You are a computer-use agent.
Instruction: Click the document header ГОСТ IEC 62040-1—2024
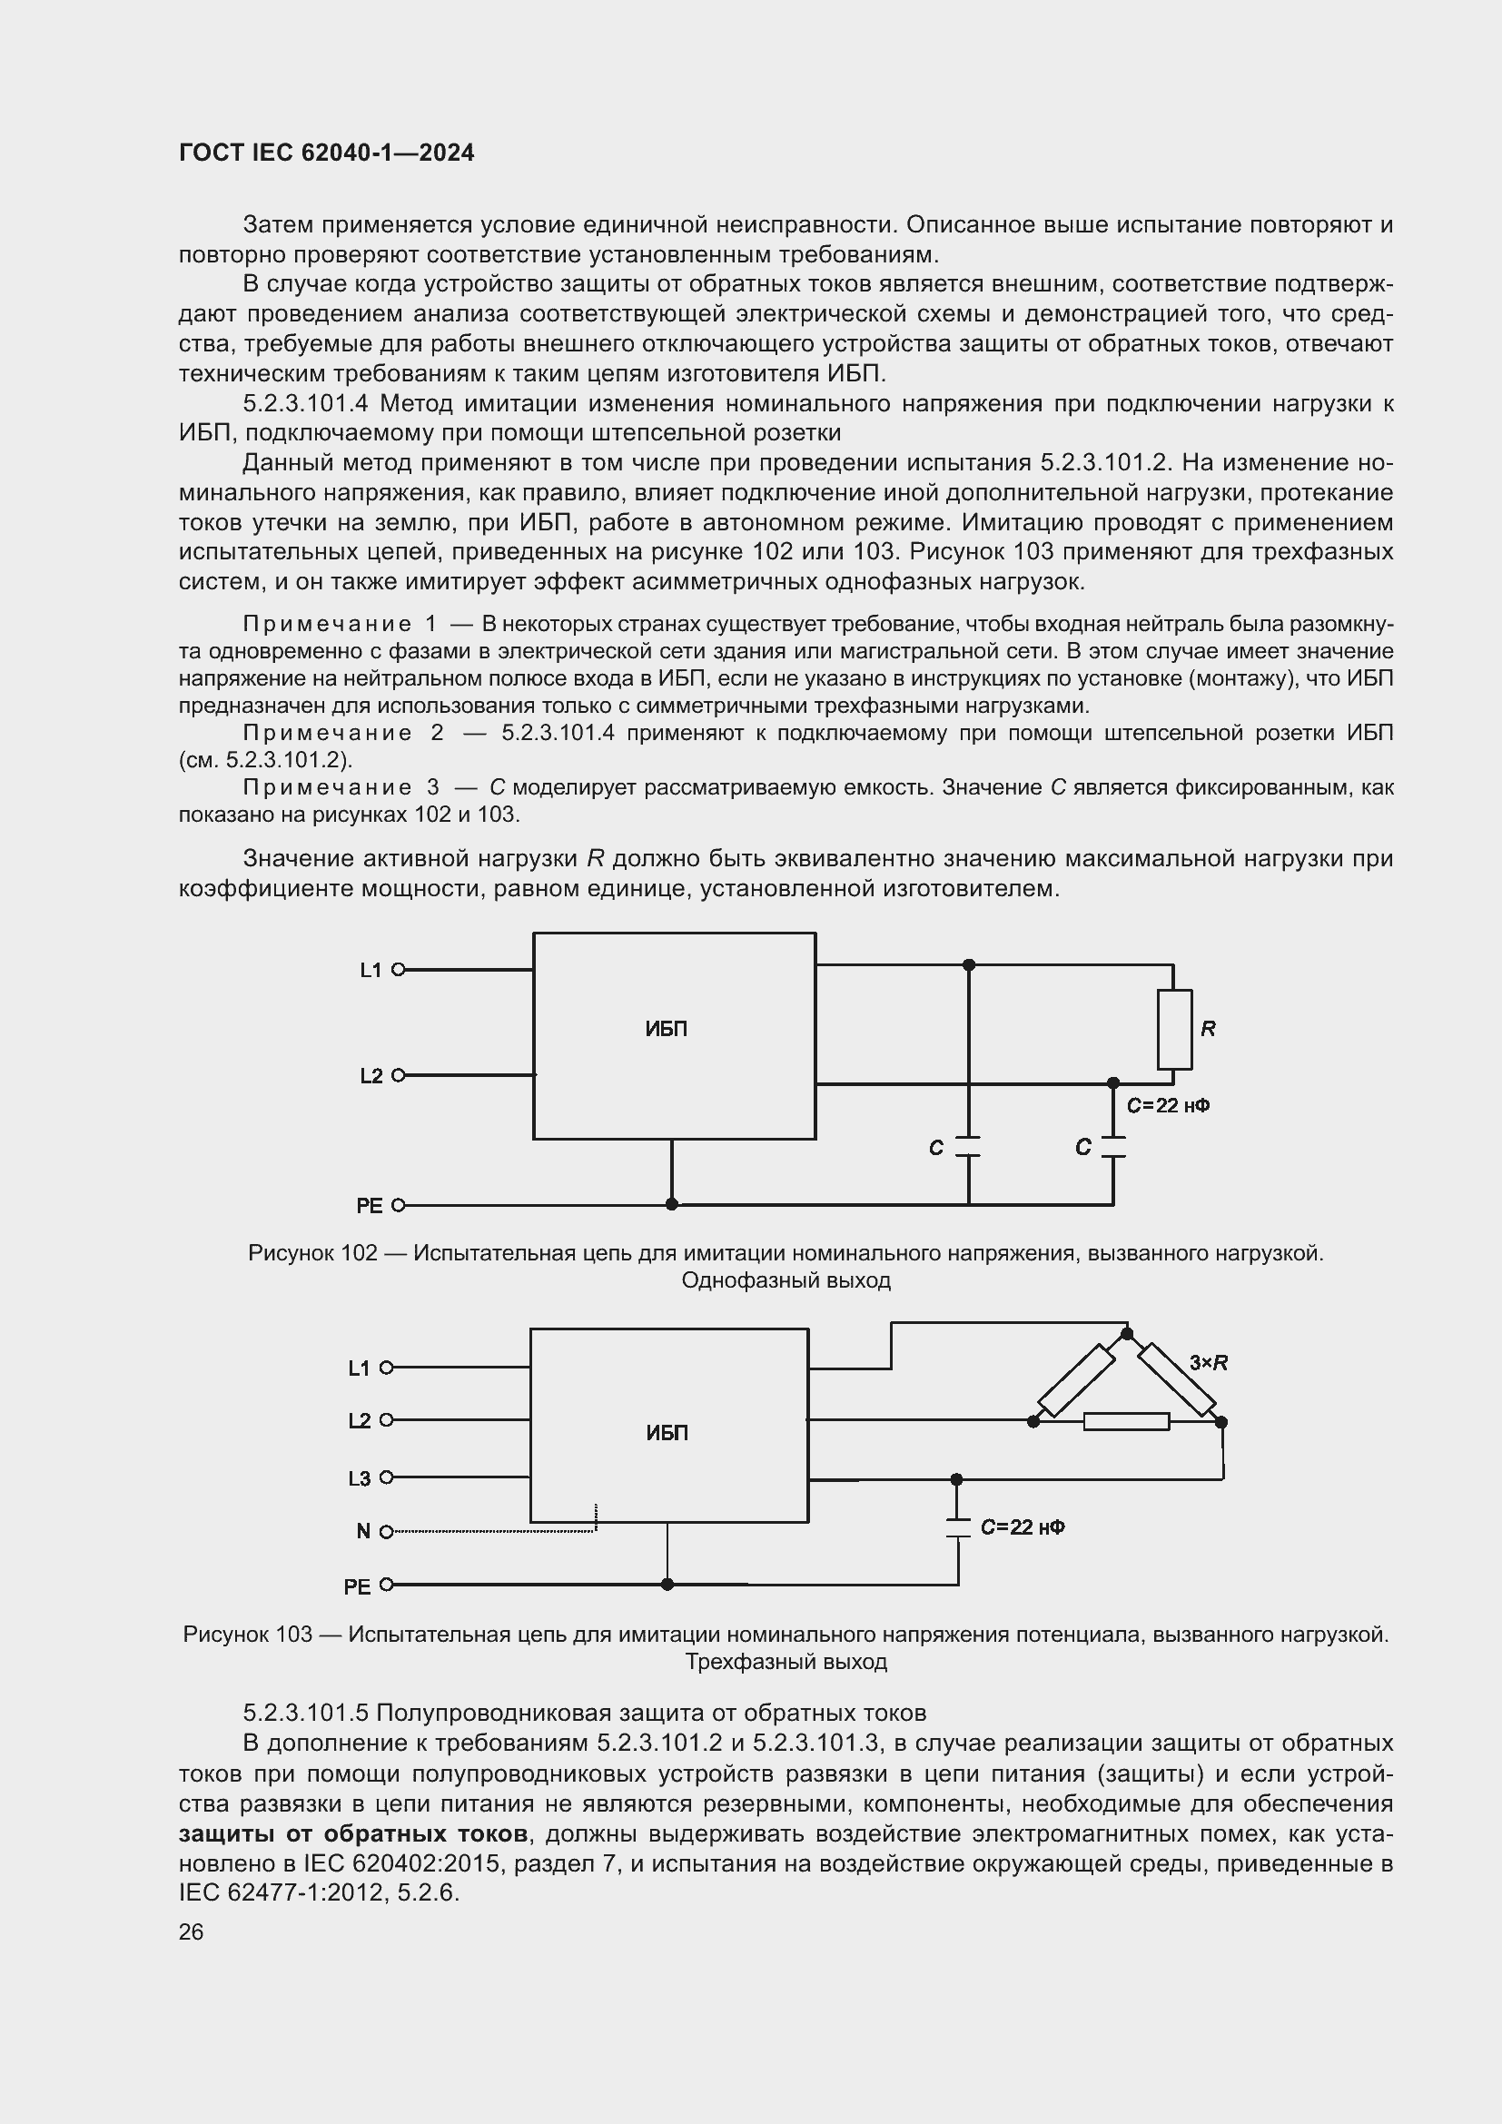coord(326,153)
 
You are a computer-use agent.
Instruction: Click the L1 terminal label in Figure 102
coord(370,971)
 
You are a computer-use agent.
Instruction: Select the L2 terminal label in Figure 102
coord(370,1076)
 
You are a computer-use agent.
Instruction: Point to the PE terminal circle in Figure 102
coord(399,1205)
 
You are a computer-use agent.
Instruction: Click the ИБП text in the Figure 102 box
coord(666,1029)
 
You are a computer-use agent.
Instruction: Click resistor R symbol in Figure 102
coord(1173,1029)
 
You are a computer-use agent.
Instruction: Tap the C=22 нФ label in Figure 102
coord(1167,1105)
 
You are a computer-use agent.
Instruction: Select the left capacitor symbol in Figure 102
coord(967,1146)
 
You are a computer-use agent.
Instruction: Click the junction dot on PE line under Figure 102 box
coord(671,1204)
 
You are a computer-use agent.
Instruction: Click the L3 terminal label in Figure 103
coord(359,1478)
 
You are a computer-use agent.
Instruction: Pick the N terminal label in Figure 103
coord(362,1531)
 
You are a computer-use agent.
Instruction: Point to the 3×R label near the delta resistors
coord(1208,1363)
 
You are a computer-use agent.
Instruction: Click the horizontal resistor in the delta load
coord(1125,1421)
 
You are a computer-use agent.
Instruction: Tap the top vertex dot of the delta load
coord(1126,1333)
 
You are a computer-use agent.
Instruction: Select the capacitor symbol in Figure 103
coord(957,1527)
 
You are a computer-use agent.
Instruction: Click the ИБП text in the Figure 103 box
coord(666,1433)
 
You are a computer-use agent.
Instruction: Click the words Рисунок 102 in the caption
coord(312,1252)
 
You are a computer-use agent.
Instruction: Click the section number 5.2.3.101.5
coord(305,1713)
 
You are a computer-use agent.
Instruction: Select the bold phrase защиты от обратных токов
coord(353,1833)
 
